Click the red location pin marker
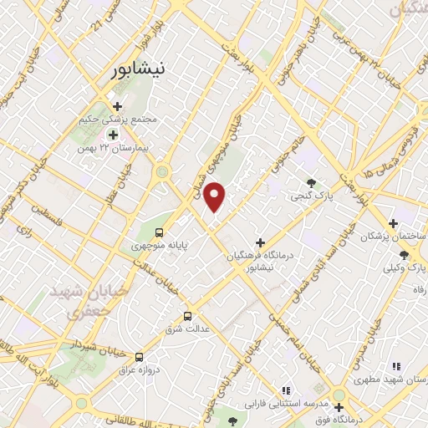pos(215,196)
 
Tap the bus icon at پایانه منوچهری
pos(159,234)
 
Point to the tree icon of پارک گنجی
pos(312,184)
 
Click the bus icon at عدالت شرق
pos(187,316)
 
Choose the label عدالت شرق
pos(184,329)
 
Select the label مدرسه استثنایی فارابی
pos(284,403)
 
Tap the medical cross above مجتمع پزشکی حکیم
pos(117,106)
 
